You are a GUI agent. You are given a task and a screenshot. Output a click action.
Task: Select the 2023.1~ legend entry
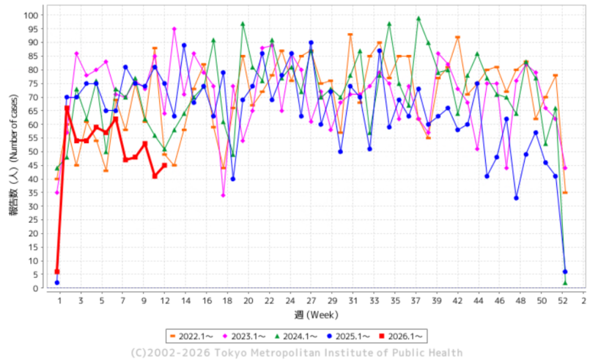tap(246, 337)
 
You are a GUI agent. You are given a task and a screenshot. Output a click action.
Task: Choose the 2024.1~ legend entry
tap(299, 337)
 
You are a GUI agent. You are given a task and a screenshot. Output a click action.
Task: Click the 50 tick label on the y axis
tap(35, 152)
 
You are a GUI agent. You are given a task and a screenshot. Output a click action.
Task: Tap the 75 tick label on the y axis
tap(35, 84)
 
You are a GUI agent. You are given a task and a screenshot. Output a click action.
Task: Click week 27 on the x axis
tap(311, 301)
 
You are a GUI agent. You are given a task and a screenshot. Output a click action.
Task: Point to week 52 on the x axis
tap(564, 301)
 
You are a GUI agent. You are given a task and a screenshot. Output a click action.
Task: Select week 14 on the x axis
tap(184, 301)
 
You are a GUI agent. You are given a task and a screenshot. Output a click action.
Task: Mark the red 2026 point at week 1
tap(57, 272)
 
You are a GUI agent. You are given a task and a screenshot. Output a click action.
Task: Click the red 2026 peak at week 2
tap(67, 109)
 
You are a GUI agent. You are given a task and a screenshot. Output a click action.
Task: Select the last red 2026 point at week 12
tap(164, 166)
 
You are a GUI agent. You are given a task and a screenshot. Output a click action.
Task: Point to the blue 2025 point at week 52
tap(564, 272)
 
